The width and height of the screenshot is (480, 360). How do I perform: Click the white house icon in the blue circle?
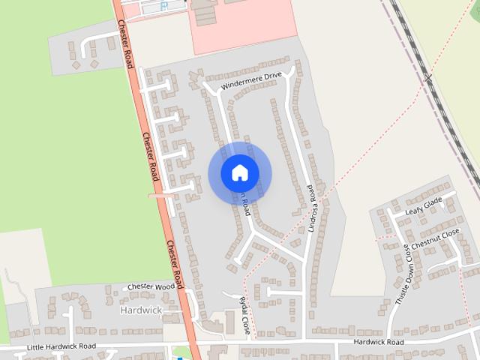[x=239, y=172]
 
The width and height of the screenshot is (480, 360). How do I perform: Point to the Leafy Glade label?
[x=424, y=206]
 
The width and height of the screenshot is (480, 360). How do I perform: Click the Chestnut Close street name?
[x=435, y=239]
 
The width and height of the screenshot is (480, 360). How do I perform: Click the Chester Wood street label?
[x=151, y=286]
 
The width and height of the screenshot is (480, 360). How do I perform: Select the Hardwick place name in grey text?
[x=140, y=310]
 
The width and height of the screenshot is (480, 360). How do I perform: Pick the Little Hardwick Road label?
[x=61, y=346]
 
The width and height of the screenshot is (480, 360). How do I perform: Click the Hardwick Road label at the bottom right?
[x=379, y=342]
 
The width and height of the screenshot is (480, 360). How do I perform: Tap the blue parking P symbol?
[x=164, y=7]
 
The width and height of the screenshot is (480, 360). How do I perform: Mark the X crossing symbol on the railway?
[x=428, y=76]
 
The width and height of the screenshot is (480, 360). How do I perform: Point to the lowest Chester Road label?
[x=174, y=265]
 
